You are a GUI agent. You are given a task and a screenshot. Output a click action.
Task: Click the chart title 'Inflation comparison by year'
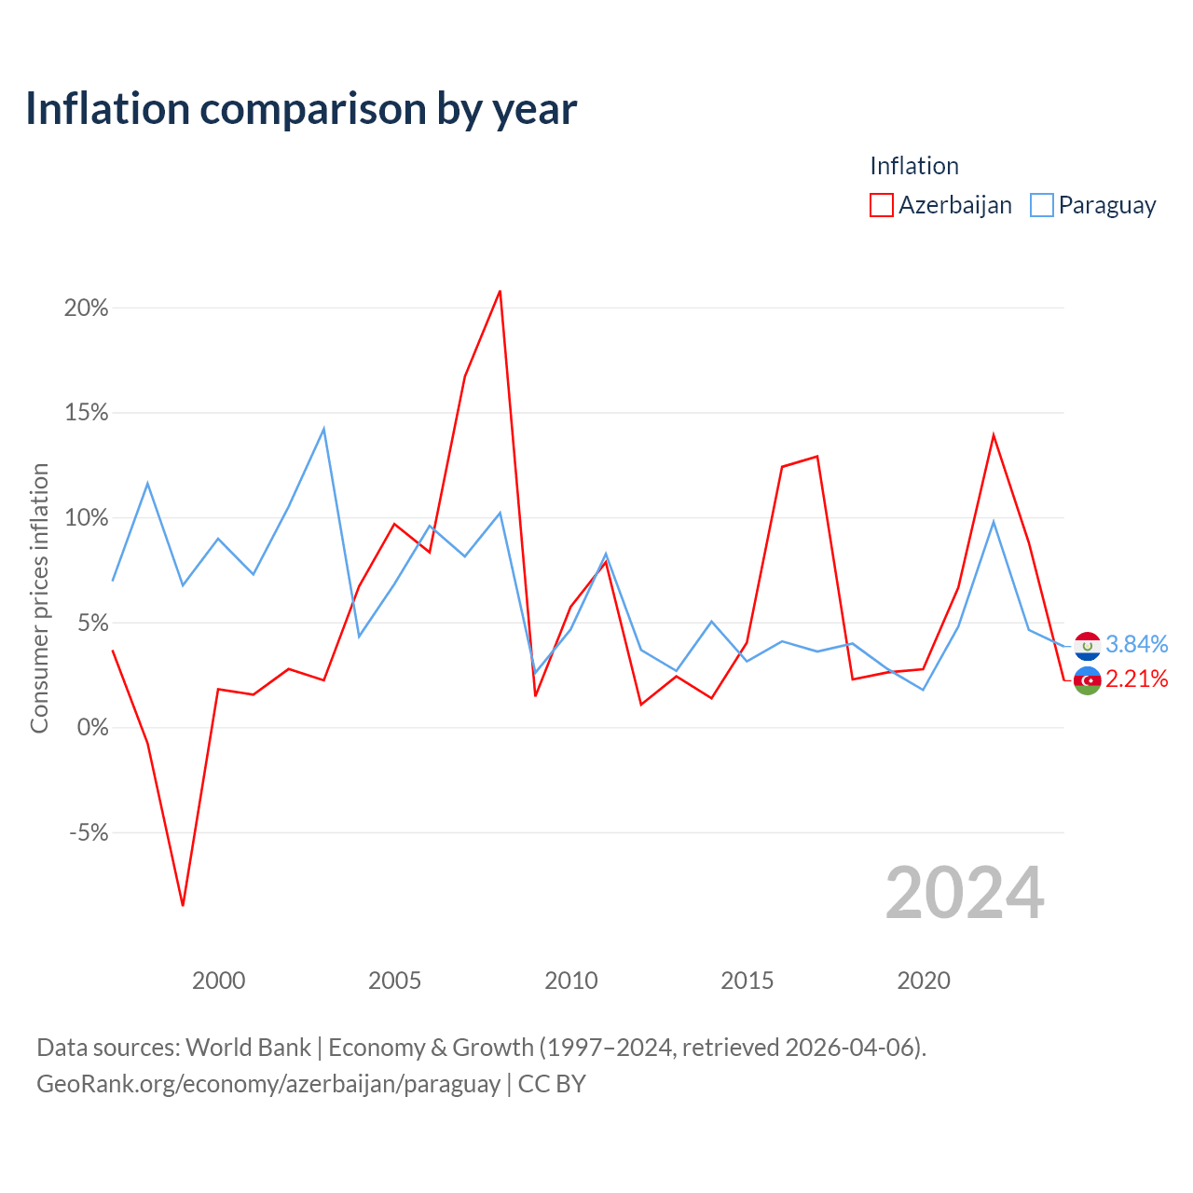click(x=301, y=109)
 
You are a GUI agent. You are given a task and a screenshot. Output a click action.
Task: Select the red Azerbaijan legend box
click(x=881, y=205)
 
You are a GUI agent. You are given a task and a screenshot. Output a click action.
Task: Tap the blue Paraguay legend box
click(x=1041, y=205)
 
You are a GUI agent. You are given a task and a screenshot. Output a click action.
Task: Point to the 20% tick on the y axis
click(x=86, y=308)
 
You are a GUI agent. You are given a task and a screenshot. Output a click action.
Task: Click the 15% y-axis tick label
click(x=86, y=412)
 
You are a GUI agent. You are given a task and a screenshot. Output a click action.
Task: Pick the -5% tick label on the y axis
click(x=89, y=832)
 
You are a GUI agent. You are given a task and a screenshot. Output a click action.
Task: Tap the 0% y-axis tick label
click(x=93, y=727)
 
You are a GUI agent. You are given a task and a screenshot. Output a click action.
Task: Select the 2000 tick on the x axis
click(x=218, y=980)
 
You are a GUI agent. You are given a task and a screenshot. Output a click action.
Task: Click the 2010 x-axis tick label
click(x=570, y=980)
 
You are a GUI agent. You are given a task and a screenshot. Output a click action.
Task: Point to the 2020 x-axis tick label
click(x=924, y=980)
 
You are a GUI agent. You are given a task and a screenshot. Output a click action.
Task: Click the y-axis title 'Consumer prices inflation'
click(x=39, y=598)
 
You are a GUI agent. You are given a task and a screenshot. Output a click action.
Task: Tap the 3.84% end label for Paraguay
click(x=1137, y=644)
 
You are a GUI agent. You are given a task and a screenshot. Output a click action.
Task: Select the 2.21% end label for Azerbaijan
click(x=1137, y=679)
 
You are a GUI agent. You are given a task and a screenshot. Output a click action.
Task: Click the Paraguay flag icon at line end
click(x=1087, y=646)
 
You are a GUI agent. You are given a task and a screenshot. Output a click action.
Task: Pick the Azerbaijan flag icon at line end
click(x=1087, y=681)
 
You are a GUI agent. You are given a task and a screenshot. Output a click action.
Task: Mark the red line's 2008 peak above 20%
click(x=500, y=291)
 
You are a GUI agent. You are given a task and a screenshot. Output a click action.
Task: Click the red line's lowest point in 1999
click(x=183, y=905)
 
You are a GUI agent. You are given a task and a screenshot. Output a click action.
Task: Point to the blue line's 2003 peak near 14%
click(x=323, y=429)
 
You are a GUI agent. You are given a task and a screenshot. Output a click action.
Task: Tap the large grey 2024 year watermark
click(x=965, y=893)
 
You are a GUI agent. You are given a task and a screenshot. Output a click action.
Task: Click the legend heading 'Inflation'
click(x=914, y=166)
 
